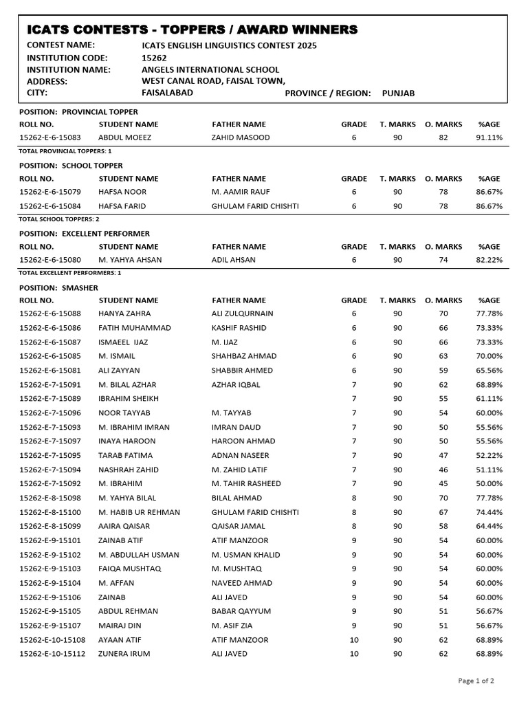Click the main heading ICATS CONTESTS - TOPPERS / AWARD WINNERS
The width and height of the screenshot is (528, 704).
click(192, 29)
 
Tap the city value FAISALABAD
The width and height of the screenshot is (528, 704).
click(167, 92)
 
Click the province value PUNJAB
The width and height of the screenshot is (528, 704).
click(398, 93)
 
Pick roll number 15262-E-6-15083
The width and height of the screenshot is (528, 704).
click(50, 137)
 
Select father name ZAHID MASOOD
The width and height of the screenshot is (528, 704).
click(241, 137)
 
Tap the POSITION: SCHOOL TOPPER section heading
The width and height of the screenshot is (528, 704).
click(71, 166)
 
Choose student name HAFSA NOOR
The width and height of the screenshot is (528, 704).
click(122, 192)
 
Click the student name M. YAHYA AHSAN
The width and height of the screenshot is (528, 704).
click(129, 260)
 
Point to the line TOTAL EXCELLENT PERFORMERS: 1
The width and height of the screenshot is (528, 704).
click(70, 273)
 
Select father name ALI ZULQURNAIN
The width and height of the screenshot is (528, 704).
click(243, 313)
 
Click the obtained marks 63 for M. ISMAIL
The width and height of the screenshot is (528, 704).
click(443, 356)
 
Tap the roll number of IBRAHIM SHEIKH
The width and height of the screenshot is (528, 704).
click(50, 399)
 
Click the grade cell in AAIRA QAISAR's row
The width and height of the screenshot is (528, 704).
click(354, 526)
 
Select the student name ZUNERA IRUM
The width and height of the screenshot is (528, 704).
click(124, 654)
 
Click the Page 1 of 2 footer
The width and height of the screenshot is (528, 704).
click(476, 681)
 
